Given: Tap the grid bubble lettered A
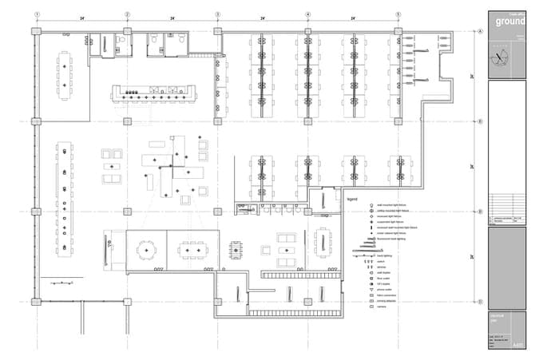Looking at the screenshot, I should pos(481,31).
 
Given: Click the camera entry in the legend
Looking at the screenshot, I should pos(382,307).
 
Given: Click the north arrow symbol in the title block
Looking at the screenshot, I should pos(501,57).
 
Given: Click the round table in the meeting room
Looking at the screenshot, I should pos(146,251).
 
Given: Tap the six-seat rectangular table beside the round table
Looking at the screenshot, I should pos(192,251).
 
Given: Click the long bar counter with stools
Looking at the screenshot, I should pos(154,94).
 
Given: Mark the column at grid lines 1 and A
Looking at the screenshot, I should pos(37,31).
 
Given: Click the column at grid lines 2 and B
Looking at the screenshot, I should pos(127,121).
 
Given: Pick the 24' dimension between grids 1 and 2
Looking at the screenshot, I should pos(81,17).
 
